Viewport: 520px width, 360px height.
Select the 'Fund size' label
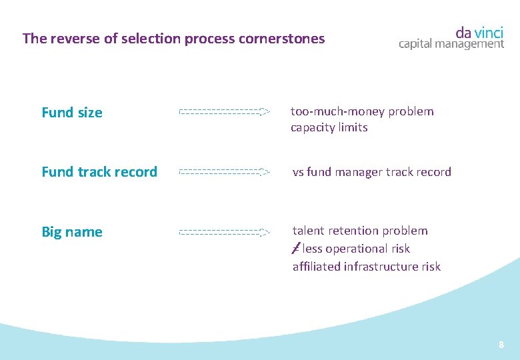pyautogui.click(x=72, y=113)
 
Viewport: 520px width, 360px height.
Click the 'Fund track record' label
pyautogui.click(x=99, y=172)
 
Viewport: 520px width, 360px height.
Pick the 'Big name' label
pyautogui.click(x=72, y=232)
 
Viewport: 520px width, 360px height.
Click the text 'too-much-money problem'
pyautogui.click(x=362, y=111)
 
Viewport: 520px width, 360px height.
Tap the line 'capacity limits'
pyautogui.click(x=329, y=127)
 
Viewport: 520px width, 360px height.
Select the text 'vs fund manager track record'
pyautogui.click(x=372, y=172)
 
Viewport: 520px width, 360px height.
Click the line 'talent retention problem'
pyautogui.click(x=360, y=231)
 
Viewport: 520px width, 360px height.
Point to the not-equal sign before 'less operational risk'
pyautogui.click(x=296, y=249)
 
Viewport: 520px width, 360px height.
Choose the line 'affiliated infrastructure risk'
pyautogui.click(x=366, y=267)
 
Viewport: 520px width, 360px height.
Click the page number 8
pyautogui.click(x=501, y=345)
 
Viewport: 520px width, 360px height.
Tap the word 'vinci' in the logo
pyautogui.click(x=489, y=32)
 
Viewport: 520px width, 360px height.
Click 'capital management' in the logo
pyautogui.click(x=451, y=44)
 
